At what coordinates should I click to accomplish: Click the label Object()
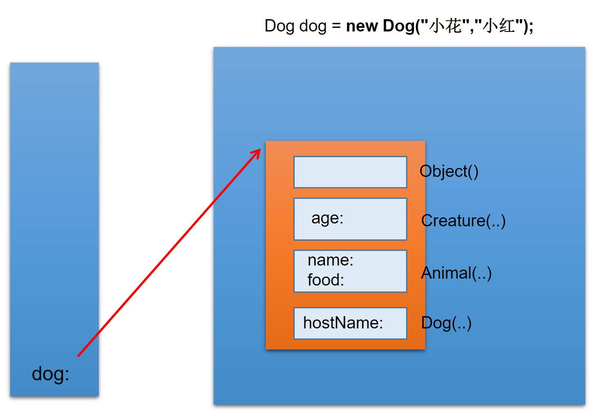[449, 172]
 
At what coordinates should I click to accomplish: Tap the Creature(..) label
[463, 221]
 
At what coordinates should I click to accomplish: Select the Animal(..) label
[456, 273]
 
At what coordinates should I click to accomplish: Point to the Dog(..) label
[446, 323]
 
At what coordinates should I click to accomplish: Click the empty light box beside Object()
[350, 172]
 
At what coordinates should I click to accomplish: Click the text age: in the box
[327, 218]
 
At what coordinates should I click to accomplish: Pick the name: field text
[330, 260]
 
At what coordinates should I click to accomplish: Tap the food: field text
[326, 280]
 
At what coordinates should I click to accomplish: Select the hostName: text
[343, 323]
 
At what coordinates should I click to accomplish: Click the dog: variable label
[50, 374]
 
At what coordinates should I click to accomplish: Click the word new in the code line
[362, 26]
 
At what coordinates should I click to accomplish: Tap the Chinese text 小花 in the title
[445, 26]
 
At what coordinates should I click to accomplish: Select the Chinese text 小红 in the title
[499, 26]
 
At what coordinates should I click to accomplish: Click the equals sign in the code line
[336, 27]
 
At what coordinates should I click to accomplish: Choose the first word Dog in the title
[279, 26]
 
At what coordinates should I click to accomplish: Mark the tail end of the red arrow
[78, 356]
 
